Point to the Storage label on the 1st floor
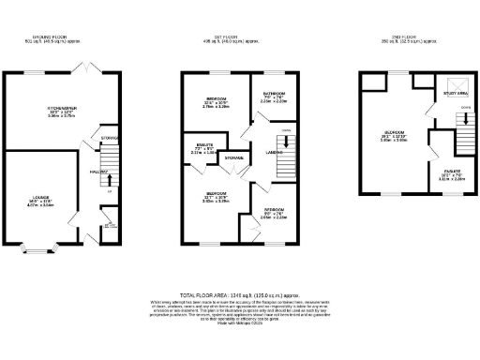tap(232, 159)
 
